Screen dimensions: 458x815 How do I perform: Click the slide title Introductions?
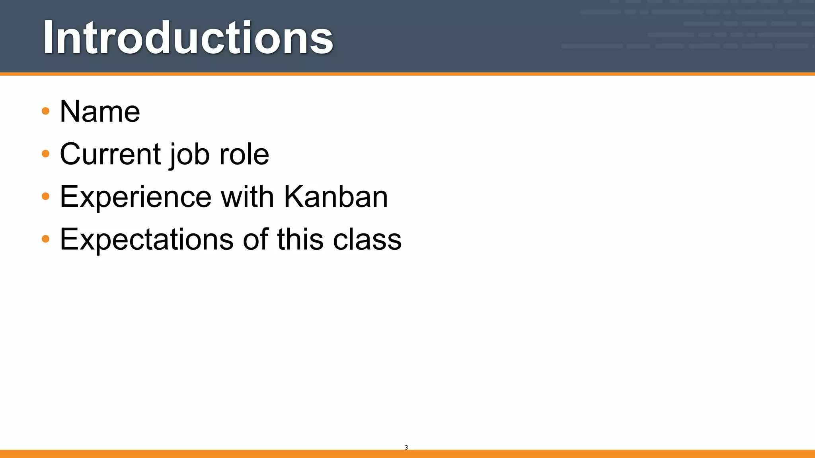188,38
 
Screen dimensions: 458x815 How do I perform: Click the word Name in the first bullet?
100,111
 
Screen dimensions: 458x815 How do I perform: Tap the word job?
189,155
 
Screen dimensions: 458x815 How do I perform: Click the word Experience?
136,197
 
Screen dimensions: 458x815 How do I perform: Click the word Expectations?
146,239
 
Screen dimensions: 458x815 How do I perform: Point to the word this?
300,239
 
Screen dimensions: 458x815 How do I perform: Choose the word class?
367,239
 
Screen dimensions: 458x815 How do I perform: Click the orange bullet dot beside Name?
46,111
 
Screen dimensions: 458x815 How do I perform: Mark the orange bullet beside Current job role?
46,154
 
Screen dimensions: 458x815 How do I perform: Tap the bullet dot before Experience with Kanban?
46,196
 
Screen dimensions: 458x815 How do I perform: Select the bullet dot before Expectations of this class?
46,239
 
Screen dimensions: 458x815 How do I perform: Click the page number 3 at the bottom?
406,447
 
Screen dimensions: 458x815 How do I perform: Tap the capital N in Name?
70,111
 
